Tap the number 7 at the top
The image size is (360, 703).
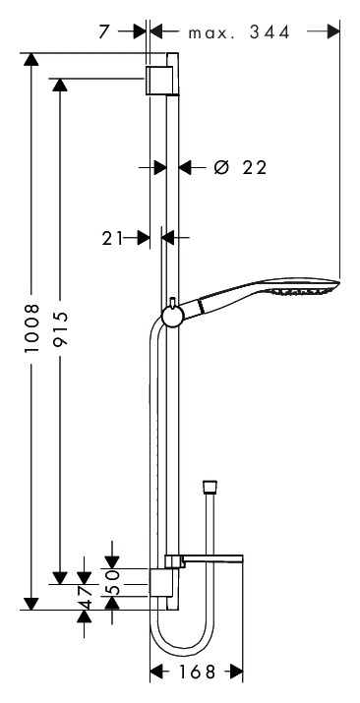point(104,32)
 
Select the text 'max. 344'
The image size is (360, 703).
point(239,32)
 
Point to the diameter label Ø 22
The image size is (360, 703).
point(240,168)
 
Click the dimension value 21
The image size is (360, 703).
point(112,239)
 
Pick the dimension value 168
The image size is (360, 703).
point(198,673)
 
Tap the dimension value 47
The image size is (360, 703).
point(85,597)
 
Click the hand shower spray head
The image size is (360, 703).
point(300,287)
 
